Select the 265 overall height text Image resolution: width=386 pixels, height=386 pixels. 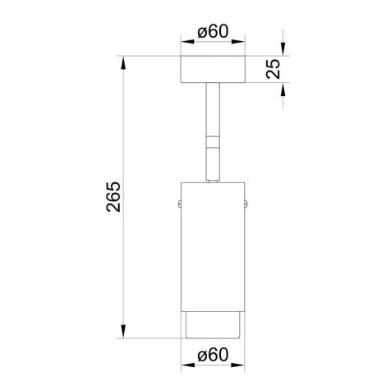[x=114, y=197]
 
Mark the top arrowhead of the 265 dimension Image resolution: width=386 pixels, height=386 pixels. [x=124, y=62]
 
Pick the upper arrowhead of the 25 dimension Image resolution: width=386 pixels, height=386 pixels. [x=283, y=50]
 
